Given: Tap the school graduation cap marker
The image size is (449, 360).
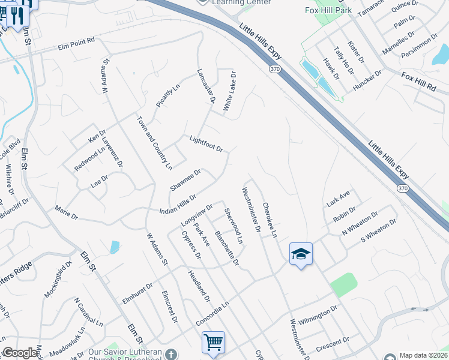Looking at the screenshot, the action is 300,253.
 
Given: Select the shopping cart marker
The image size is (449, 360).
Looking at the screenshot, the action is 213,342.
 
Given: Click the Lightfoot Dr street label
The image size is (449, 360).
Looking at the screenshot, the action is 206,144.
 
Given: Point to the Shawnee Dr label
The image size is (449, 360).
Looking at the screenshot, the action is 185,180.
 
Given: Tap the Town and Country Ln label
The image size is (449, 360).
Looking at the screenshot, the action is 155,142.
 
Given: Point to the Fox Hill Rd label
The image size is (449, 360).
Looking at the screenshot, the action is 418,81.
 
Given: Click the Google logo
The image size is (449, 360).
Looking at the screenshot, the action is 20,353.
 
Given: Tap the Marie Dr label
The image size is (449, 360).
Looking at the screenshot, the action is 66,211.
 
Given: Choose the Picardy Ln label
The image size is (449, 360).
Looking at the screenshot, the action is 168,96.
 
